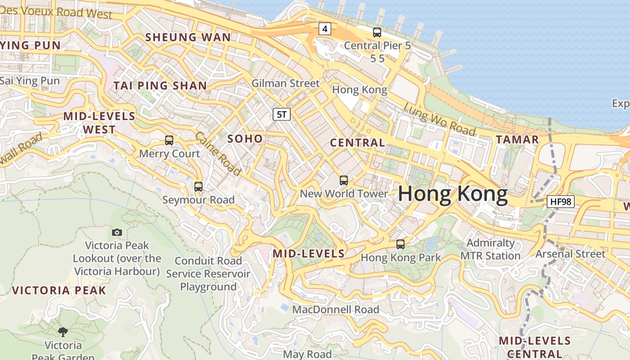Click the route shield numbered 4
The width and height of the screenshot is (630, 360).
tap(325, 29)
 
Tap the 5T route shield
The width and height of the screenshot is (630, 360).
tap(282, 114)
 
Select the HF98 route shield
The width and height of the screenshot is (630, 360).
tap(561, 201)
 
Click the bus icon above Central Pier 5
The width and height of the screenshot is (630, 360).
tap(377, 32)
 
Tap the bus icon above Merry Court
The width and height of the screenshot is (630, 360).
tap(169, 140)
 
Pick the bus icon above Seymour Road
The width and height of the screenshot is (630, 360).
tap(198, 186)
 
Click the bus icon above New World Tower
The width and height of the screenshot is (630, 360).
tap(344, 180)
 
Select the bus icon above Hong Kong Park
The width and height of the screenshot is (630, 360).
tap(400, 244)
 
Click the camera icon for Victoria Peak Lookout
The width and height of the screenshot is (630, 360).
tap(117, 232)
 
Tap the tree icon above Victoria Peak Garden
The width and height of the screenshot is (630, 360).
tap(63, 332)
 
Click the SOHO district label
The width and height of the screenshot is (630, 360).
tap(245, 139)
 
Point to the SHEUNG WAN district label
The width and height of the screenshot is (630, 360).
tap(188, 37)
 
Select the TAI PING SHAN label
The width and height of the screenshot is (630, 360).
tap(160, 85)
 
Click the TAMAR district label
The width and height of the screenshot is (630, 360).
tap(517, 139)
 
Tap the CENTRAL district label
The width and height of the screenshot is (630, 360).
tap(358, 143)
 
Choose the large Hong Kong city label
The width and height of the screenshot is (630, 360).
tap(453, 194)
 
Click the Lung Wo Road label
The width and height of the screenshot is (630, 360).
tap(439, 119)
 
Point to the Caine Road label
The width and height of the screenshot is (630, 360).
tap(218, 153)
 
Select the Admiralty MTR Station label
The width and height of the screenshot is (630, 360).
tap(490, 249)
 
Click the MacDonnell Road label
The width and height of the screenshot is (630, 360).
tap(336, 310)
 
